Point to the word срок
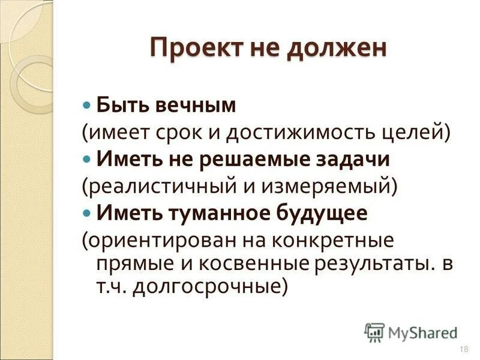(183, 133)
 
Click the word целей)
(412, 133)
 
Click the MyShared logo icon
(374, 332)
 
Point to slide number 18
(463, 349)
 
